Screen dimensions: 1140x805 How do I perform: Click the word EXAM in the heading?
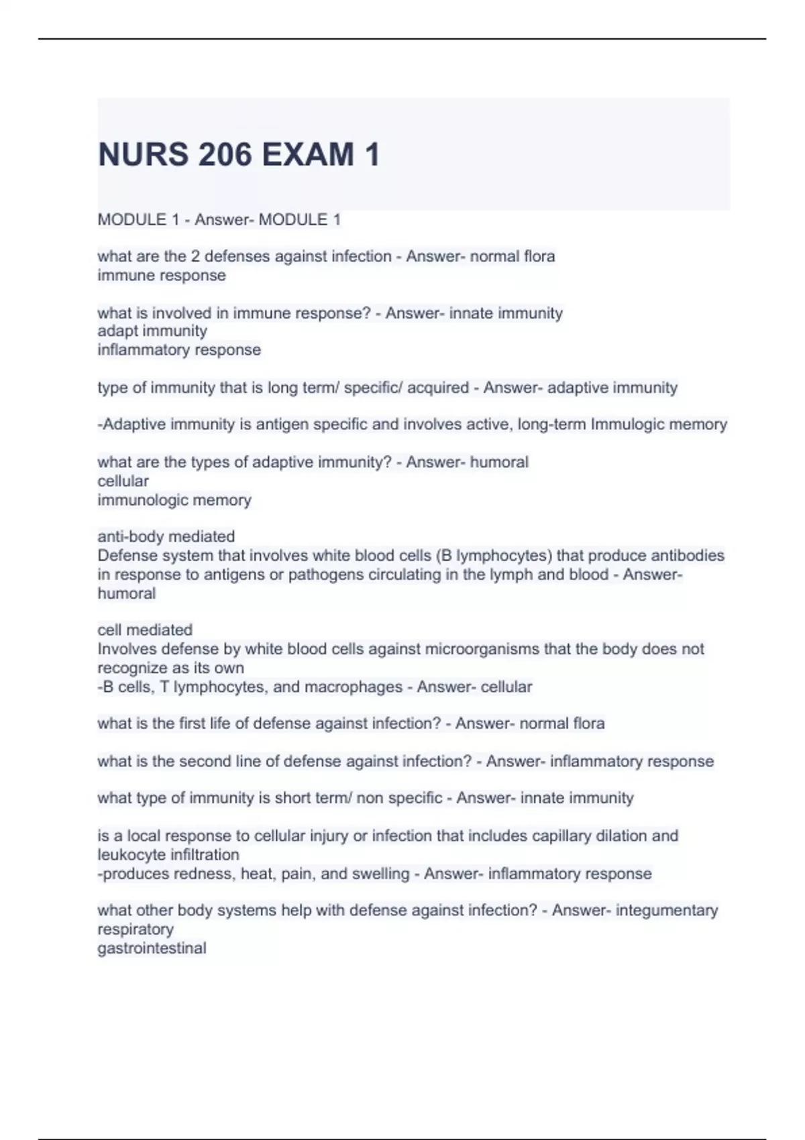[308, 155]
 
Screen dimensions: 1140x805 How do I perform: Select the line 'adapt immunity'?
[152, 331]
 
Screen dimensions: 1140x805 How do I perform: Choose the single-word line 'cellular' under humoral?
[123, 481]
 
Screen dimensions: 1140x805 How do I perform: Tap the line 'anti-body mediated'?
[166, 536]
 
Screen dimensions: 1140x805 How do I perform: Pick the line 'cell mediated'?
[145, 630]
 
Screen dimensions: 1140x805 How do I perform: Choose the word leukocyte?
[131, 854]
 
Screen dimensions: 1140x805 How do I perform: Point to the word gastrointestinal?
[152, 948]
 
